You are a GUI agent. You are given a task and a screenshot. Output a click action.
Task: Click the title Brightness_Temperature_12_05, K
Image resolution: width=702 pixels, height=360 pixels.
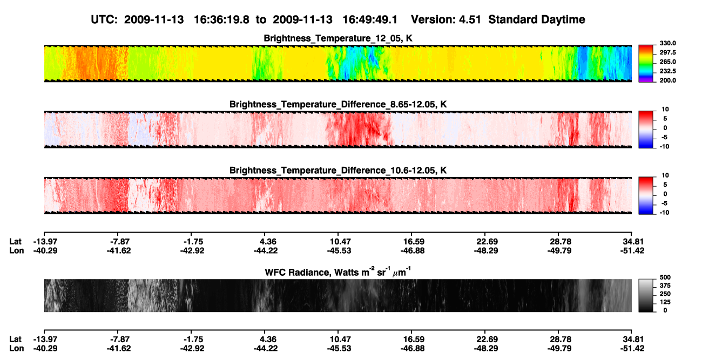(338, 38)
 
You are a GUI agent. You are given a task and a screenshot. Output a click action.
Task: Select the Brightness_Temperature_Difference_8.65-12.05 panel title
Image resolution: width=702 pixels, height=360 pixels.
(338, 104)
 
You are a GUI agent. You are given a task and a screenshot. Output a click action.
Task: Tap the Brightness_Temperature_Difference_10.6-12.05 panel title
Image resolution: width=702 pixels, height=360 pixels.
(338, 171)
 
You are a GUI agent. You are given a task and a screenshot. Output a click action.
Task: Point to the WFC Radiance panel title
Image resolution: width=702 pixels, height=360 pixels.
(338, 272)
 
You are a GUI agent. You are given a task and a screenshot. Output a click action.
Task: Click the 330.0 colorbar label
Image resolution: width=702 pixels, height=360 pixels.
(667, 43)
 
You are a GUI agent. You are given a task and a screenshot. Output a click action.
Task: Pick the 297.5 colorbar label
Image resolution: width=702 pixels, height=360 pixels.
(667, 52)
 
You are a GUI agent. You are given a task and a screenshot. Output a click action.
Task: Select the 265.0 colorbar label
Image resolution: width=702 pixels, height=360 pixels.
(667, 62)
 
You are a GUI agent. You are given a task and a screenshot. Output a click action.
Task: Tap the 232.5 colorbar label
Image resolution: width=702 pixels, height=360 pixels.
(667, 71)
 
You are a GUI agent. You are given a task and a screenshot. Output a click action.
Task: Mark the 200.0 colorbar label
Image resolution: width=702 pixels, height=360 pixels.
(667, 80)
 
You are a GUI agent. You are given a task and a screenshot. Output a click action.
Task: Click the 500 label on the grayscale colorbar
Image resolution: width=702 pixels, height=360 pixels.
(665, 277)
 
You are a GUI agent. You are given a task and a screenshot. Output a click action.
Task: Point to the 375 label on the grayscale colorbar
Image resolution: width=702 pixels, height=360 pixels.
(665, 286)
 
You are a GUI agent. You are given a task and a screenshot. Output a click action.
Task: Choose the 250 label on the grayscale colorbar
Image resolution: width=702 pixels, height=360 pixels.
(665, 294)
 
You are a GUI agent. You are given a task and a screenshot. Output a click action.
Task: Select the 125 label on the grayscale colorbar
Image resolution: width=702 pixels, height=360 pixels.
(665, 302)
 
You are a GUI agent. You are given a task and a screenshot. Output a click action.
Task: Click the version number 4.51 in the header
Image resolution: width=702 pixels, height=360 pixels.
(470, 20)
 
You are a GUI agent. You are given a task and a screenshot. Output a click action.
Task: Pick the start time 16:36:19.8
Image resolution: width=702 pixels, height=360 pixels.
(221, 20)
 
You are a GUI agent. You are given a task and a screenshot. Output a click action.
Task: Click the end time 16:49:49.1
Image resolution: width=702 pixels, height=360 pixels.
(370, 20)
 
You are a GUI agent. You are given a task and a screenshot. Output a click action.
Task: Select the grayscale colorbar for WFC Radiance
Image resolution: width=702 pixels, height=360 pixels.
(646, 295)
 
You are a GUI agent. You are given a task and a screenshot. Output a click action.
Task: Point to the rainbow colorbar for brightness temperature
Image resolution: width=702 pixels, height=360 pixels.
(646, 64)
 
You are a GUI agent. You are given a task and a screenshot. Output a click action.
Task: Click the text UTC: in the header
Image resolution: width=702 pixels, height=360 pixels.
(104, 20)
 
